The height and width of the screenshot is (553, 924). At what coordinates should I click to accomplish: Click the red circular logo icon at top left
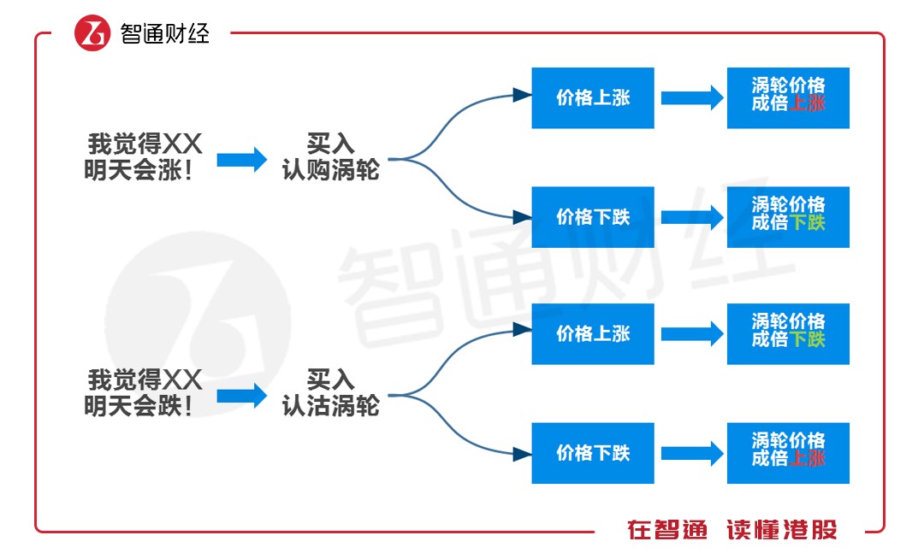(92, 33)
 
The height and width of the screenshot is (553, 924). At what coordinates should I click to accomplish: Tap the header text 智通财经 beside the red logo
(164, 33)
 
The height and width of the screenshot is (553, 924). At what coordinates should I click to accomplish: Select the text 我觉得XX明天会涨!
(144, 156)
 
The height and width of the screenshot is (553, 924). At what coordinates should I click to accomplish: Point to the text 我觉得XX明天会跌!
(144, 392)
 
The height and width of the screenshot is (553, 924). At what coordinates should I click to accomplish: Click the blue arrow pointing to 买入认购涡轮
(242, 159)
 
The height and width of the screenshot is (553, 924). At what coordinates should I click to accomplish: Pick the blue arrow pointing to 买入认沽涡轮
(242, 395)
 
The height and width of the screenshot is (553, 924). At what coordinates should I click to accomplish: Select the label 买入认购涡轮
(330, 156)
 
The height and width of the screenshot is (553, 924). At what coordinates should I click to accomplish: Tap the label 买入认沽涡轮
(330, 392)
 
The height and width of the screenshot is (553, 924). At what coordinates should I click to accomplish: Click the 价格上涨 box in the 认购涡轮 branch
(592, 97)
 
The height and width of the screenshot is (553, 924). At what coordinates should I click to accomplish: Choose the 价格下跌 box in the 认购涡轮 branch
(592, 217)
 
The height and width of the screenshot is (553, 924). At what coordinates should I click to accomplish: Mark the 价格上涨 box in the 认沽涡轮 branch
(592, 333)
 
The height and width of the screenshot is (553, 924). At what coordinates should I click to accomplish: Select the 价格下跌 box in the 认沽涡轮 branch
(592, 453)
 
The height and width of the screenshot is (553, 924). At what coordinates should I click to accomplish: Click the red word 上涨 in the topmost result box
(807, 104)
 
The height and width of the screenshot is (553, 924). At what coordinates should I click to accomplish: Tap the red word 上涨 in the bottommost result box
(807, 459)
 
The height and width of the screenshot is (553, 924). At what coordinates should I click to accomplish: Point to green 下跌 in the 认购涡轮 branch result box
(807, 223)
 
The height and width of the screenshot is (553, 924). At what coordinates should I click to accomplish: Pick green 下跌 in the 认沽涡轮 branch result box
(807, 340)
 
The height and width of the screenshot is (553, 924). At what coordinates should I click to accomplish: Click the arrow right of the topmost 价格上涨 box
(691, 97)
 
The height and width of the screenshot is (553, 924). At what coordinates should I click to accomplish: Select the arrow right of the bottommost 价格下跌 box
(691, 453)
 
